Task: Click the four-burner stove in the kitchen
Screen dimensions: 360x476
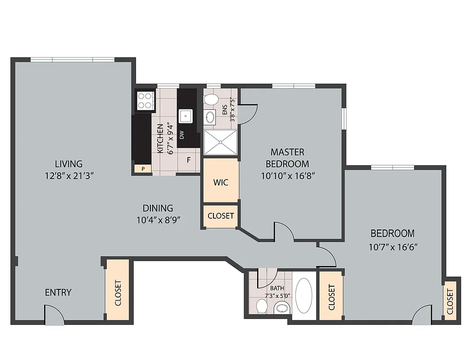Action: [145, 101]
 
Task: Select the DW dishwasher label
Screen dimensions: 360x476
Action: [182, 135]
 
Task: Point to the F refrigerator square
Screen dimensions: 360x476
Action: [189, 160]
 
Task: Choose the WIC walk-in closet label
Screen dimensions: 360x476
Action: [221, 182]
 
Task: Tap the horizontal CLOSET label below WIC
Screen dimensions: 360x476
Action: [221, 216]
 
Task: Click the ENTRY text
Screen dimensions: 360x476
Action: [58, 292]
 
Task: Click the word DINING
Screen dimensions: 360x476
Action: [158, 208]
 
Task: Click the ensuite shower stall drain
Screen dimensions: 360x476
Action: [220, 142]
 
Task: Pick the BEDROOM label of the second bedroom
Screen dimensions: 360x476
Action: [392, 234]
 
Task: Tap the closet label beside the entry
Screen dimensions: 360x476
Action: [118, 293]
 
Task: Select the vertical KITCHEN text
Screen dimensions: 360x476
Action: [160, 138]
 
